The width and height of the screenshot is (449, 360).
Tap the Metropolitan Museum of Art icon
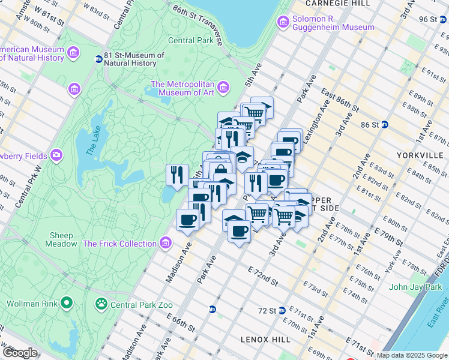click(x=223, y=88)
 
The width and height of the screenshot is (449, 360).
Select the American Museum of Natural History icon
click(x=74, y=53)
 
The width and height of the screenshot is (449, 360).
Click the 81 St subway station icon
click(x=98, y=59)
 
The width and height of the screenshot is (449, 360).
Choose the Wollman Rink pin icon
click(x=67, y=304)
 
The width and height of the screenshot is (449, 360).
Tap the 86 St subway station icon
click(x=385, y=125)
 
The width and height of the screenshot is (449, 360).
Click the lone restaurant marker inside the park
click(x=177, y=175)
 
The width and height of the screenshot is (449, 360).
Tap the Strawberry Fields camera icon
click(x=56, y=156)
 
